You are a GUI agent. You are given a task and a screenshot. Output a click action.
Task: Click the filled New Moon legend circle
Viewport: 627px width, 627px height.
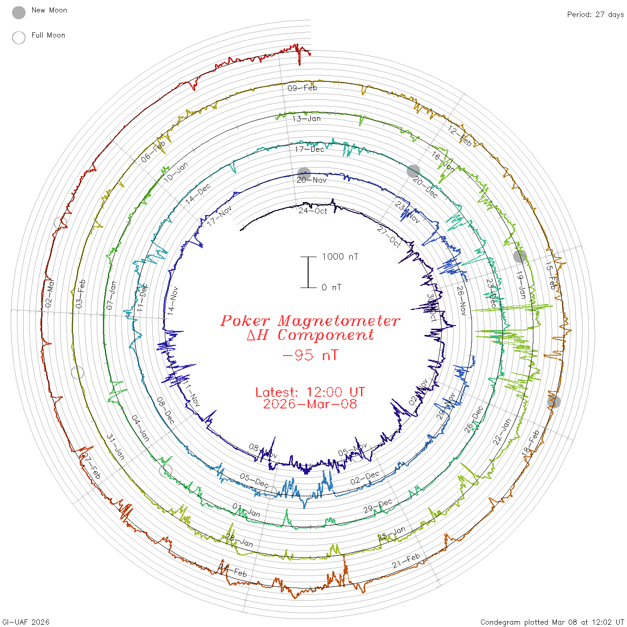tap(19, 13)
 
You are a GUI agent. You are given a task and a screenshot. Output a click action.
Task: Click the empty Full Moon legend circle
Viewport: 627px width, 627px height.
tap(19, 38)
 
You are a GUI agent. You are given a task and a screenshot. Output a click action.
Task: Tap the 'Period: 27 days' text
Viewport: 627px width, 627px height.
tap(595, 15)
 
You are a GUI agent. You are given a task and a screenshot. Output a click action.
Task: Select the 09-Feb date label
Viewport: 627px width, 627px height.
tap(302, 88)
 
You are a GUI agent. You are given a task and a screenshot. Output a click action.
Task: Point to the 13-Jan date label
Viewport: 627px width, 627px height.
tap(306, 119)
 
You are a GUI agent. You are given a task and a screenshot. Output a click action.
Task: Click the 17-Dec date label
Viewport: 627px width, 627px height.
tap(309, 149)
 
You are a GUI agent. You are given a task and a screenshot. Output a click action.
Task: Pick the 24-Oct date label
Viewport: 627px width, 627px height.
tap(313, 210)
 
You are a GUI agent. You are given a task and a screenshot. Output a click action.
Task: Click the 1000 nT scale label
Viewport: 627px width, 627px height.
tap(340, 257)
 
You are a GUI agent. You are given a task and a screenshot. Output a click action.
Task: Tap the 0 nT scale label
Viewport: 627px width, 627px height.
tap(331, 288)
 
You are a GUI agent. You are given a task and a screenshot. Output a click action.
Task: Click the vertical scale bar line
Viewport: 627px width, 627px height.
tap(308, 272)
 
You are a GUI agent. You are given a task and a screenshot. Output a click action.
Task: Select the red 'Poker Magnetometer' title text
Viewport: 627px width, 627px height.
tap(310, 321)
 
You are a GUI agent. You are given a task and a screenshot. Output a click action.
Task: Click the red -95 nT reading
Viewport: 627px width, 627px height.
tap(310, 356)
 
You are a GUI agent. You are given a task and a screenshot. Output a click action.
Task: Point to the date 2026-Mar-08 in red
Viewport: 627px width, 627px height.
tap(310, 404)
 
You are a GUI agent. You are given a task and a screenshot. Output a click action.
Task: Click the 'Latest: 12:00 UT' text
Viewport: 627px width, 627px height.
tap(310, 392)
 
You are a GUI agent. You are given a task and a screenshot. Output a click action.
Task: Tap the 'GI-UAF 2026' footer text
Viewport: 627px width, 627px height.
tap(26, 622)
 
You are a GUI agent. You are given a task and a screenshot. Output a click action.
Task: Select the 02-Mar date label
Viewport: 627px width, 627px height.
tap(49, 293)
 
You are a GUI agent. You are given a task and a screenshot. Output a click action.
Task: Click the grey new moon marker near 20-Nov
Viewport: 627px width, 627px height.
tap(304, 174)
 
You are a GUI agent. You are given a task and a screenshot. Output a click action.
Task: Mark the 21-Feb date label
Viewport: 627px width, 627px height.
tap(406, 561)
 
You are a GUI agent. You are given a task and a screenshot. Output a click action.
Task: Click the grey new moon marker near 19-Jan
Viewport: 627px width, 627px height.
tap(520, 257)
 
